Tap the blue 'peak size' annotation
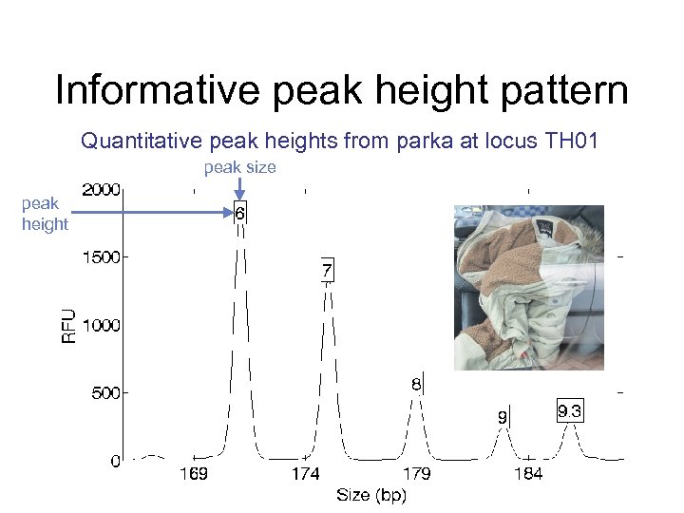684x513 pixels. click(x=239, y=167)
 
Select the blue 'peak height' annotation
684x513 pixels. click(x=45, y=214)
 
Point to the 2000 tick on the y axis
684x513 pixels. click(x=101, y=189)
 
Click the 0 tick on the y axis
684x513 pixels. click(x=115, y=462)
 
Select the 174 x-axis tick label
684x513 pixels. click(x=305, y=474)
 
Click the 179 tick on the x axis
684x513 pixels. click(x=417, y=474)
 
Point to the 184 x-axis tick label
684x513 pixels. click(x=528, y=474)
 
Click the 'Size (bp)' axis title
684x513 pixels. click(x=370, y=495)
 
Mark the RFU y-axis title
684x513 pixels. click(x=69, y=326)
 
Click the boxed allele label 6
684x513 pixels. click(x=240, y=215)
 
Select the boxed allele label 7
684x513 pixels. click(x=326, y=272)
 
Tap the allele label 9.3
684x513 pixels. click(x=569, y=411)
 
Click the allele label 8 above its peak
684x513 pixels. click(x=416, y=385)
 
